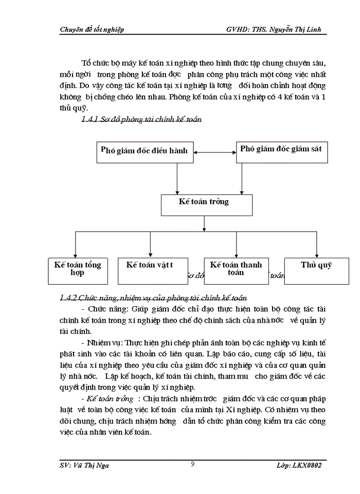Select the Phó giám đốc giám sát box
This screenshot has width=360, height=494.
click(281, 150)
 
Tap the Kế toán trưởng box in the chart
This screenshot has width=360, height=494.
click(206, 204)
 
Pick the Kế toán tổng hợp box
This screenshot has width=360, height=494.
click(78, 270)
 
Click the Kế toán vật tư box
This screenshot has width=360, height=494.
click(150, 270)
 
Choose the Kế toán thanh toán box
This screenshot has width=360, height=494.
click(236, 270)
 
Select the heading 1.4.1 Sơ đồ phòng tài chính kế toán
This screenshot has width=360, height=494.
click(142, 120)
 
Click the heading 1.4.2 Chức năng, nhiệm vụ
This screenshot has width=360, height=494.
click(153, 298)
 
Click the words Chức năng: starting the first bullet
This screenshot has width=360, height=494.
click(109, 309)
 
